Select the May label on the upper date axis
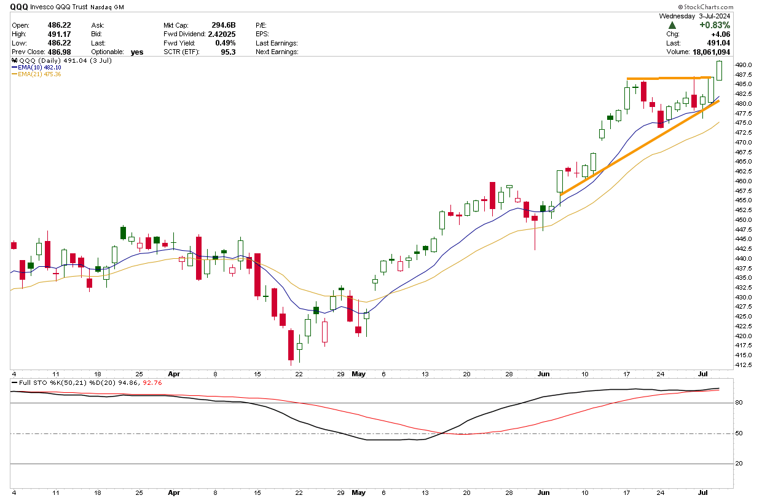[x=358, y=373]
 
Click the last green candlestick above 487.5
[x=720, y=70]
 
